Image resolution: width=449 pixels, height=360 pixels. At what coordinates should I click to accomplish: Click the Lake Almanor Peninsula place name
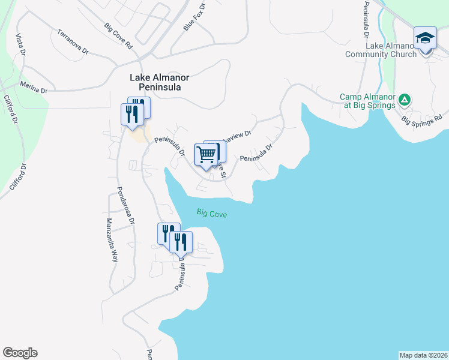coord(156,82)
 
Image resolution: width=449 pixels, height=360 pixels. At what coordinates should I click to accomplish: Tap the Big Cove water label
coord(211,213)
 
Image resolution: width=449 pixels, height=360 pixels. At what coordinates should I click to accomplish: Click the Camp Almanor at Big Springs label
coord(367,101)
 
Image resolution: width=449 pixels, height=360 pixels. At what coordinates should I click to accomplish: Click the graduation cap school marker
coord(424,39)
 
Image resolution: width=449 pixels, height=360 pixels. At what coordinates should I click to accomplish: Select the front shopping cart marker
coord(206,155)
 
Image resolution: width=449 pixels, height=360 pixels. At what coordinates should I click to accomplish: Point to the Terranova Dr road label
coord(74,41)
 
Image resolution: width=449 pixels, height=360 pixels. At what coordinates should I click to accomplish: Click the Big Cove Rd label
coord(118,36)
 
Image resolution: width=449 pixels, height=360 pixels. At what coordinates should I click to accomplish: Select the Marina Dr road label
coord(34,88)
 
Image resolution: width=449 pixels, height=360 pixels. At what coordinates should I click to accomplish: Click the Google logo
coord(20,353)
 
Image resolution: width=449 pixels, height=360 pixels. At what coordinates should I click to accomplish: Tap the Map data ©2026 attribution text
coord(423,355)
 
